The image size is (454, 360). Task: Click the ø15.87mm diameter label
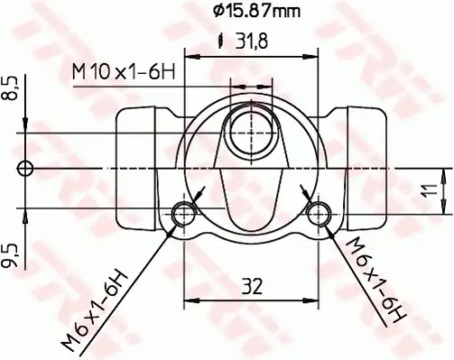(x=256, y=11)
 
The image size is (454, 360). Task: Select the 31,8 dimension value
(x=252, y=42)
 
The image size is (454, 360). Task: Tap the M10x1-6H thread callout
(x=124, y=71)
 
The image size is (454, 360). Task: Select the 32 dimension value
(x=252, y=286)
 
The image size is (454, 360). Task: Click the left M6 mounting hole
(x=183, y=214)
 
